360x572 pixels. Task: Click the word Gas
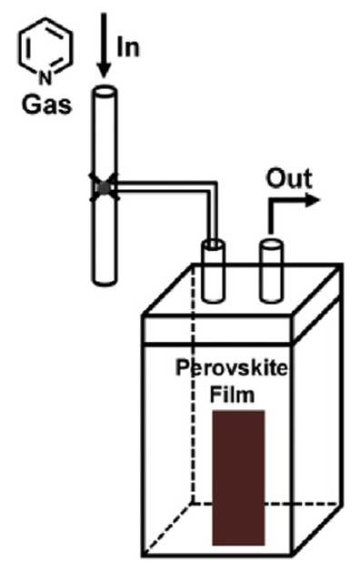point(46,105)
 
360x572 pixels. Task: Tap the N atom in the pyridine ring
point(45,78)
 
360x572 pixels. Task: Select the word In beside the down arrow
point(128,48)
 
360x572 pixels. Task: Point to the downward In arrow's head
point(105,71)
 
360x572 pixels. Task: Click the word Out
point(289,178)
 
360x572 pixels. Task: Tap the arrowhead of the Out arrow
point(313,200)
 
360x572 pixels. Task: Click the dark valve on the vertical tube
point(105,188)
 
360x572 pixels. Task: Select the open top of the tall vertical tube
point(105,90)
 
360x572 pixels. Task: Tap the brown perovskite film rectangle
point(238,477)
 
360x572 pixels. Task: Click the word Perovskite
point(232,368)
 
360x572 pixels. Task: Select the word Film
point(232,395)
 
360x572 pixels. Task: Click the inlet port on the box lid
point(214,271)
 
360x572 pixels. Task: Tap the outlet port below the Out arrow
point(271,271)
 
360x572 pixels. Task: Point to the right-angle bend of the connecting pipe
point(214,186)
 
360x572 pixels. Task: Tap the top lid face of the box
point(243,289)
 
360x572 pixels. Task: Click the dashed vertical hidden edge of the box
point(193,383)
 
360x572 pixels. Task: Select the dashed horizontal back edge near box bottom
point(267,504)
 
